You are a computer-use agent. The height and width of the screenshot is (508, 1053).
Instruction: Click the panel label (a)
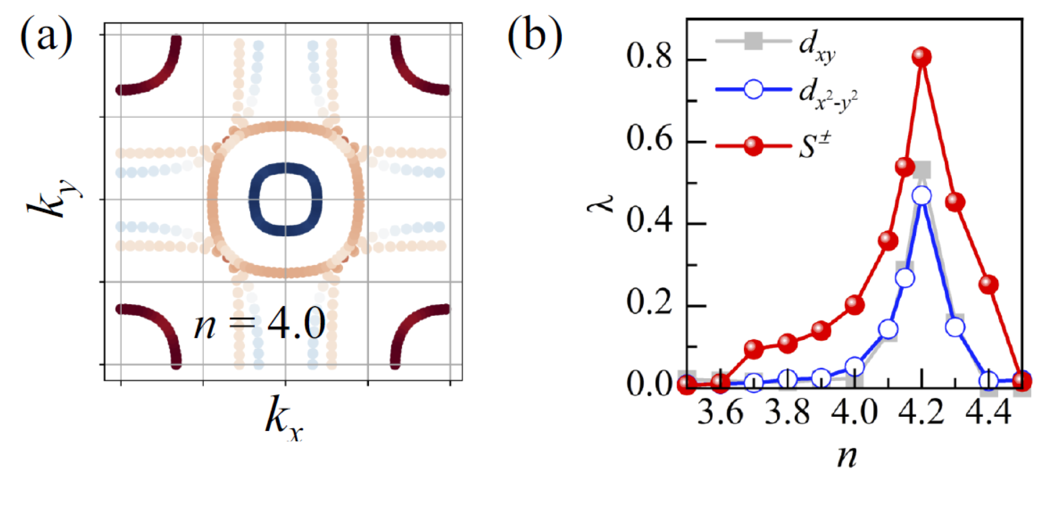tap(46, 35)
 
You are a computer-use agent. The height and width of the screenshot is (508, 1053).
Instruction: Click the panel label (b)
tap(535, 35)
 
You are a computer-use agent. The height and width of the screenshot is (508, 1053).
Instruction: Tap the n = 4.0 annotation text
tap(260, 324)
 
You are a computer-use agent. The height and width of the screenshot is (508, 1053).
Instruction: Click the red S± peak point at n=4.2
tap(922, 57)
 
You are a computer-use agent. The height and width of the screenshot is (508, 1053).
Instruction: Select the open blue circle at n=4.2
tap(922, 196)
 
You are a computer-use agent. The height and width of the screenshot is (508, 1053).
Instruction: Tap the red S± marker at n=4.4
tap(989, 284)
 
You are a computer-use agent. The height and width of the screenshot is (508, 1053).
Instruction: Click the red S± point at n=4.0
tap(855, 305)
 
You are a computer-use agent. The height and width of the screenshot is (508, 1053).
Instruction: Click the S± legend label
tap(814, 145)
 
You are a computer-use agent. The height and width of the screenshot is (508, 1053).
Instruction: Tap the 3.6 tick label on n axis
tap(720, 413)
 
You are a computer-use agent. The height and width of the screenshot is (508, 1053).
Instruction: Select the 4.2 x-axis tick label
tap(922, 413)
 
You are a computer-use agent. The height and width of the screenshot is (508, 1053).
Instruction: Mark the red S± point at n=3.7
tap(754, 348)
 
